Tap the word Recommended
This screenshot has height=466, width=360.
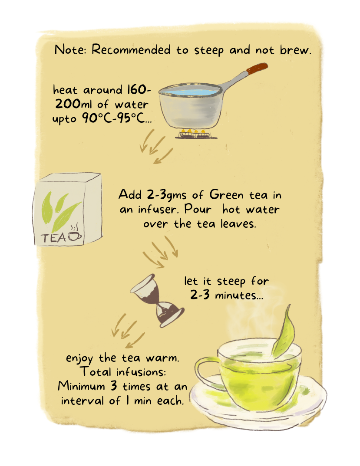click(131, 49)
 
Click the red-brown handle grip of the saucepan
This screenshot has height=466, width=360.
click(257, 69)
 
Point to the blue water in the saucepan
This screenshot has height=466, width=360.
click(190, 91)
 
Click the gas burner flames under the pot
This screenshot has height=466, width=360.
click(195, 131)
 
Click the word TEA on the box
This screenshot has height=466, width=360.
click(53, 238)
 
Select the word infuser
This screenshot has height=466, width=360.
click(157, 210)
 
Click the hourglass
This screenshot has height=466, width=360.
click(157, 300)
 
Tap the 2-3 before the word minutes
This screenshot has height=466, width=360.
click(200, 295)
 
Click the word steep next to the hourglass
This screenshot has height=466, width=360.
click(231, 282)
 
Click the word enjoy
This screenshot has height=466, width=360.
click(79, 358)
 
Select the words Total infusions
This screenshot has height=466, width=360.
click(123, 372)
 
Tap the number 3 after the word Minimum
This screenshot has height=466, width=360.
click(114, 386)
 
